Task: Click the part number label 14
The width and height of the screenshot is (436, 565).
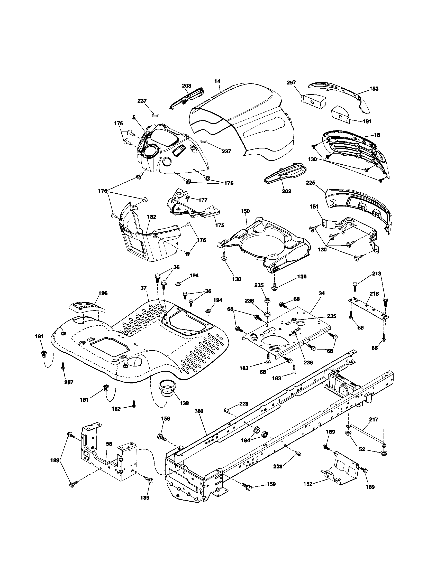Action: click(x=217, y=81)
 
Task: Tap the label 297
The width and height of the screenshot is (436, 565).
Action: click(x=291, y=82)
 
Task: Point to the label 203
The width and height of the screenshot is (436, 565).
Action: click(x=187, y=86)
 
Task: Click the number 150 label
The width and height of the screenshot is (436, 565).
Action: click(x=245, y=211)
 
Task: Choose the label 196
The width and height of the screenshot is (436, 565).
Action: click(x=103, y=293)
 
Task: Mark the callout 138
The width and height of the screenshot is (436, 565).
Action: click(x=184, y=403)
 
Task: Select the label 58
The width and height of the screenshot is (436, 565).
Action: click(x=109, y=444)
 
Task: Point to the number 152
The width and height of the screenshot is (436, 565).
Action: click(x=308, y=484)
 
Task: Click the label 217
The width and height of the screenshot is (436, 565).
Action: click(x=374, y=420)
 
